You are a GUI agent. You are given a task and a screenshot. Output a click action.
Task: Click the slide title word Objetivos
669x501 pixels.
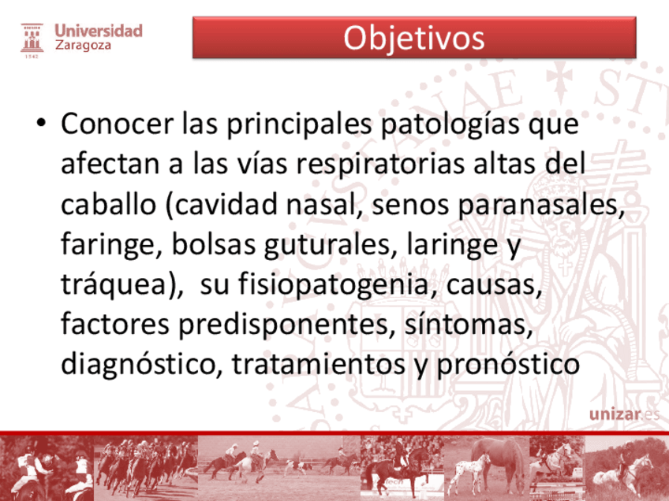(414, 39)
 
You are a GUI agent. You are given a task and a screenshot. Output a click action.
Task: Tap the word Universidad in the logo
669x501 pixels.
(99, 31)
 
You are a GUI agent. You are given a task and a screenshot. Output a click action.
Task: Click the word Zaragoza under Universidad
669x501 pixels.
(83, 45)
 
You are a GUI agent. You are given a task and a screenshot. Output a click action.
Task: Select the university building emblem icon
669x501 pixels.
(32, 40)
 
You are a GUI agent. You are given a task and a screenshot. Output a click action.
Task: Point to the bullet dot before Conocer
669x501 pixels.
(41, 123)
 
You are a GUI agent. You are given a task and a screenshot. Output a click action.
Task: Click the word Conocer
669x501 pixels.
(118, 124)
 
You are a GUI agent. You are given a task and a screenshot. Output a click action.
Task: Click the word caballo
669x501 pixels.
(108, 204)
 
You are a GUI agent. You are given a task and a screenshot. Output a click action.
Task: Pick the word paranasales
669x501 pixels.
(540, 206)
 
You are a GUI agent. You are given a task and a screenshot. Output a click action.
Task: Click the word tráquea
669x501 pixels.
(114, 284)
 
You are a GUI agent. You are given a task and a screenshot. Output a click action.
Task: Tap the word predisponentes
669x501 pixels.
(286, 325)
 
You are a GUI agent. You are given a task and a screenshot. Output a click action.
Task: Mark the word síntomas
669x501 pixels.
(469, 325)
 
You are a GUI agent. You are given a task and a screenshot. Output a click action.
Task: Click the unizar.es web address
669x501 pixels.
(624, 414)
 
